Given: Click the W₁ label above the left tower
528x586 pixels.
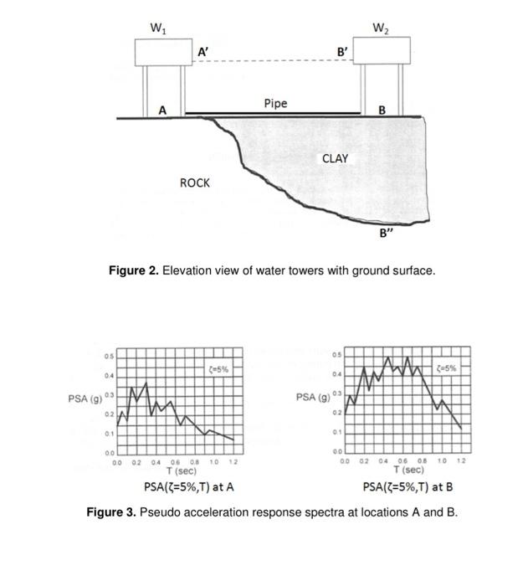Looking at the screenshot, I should [x=156, y=30].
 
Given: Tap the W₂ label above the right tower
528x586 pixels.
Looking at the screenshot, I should [x=381, y=30].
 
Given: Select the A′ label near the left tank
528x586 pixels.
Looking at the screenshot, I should [x=203, y=52].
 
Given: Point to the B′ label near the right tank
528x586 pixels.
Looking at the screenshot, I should [x=342, y=52].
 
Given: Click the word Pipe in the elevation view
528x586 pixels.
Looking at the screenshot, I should [x=275, y=103].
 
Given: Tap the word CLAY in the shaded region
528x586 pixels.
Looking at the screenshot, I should [x=335, y=158].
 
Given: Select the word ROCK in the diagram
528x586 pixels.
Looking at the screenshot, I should [x=195, y=182].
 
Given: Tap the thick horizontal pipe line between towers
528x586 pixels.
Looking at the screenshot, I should [x=273, y=113].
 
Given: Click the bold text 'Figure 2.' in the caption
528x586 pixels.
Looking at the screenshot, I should [x=134, y=270].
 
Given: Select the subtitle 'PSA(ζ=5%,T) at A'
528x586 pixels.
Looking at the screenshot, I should [x=188, y=487].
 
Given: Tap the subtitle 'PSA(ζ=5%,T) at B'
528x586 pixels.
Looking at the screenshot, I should [x=408, y=487].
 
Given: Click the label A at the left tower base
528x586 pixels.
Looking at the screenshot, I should [x=162, y=110].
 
